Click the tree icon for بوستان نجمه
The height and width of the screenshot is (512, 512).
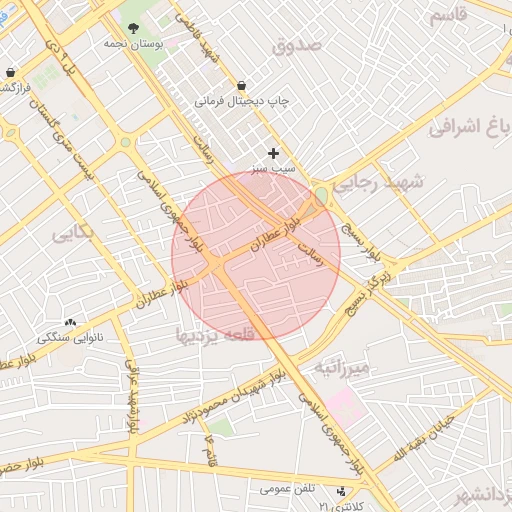[x=135, y=28]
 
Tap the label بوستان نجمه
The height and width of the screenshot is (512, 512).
[x=134, y=44]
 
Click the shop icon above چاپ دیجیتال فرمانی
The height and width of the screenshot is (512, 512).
[x=242, y=86]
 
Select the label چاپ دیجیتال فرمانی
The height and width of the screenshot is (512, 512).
[x=232, y=101]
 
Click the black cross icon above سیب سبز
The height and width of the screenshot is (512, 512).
[x=273, y=153]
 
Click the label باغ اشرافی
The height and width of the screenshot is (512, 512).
[x=470, y=127]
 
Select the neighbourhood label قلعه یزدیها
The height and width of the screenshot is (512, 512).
[x=216, y=334]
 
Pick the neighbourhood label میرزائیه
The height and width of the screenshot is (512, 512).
[x=343, y=367]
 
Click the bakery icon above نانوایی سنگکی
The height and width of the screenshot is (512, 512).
[x=70, y=323]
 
